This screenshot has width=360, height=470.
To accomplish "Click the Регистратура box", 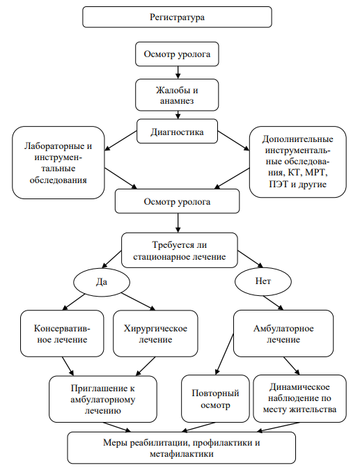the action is [177, 17].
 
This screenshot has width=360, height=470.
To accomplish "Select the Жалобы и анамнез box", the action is [177, 95].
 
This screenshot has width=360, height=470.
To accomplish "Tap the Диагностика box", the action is [177, 132].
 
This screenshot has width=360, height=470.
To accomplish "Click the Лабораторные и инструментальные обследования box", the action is [58, 162].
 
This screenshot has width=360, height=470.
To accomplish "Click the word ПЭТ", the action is [278, 184].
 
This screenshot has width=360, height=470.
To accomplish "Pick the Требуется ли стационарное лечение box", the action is [179, 251].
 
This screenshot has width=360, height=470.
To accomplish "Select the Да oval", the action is [102, 282].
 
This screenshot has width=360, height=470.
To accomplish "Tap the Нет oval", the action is [263, 281].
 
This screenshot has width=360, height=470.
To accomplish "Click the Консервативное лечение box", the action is [62, 334].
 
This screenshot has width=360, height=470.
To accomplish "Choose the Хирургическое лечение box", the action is [155, 334].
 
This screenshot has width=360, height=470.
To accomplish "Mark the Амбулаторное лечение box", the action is [283, 334].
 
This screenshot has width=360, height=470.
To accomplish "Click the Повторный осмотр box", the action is [215, 399].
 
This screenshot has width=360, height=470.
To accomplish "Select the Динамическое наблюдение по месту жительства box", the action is [299, 398].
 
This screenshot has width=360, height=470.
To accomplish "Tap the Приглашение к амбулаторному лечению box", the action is [103, 399].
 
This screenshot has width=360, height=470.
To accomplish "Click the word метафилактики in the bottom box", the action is [182, 454].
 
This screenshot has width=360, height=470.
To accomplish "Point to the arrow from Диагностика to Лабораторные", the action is [120, 141].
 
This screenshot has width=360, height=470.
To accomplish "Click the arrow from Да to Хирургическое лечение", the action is [139, 301].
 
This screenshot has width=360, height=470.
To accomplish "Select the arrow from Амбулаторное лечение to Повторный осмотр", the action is [224, 354].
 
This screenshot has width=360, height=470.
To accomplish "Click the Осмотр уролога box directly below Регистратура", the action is [177, 54].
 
